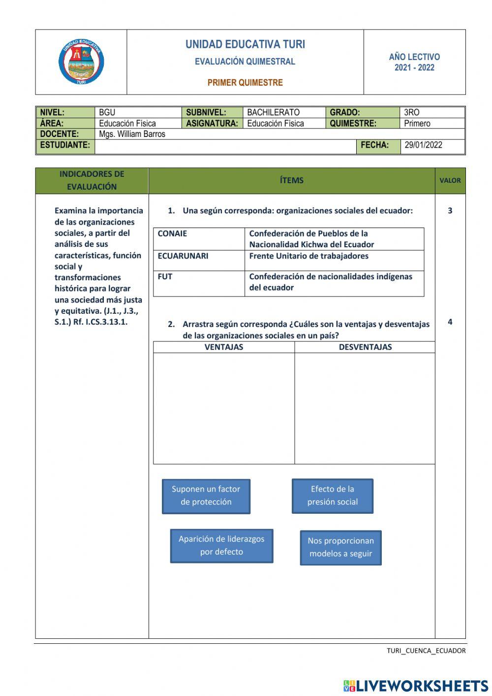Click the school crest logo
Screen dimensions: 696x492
(x=81, y=62)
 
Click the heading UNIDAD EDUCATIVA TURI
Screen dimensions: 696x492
(x=245, y=44)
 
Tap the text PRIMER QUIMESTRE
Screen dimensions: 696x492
(x=245, y=83)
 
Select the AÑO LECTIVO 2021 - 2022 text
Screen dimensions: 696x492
(x=414, y=63)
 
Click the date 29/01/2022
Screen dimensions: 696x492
(x=423, y=145)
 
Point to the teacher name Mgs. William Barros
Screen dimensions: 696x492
(x=132, y=134)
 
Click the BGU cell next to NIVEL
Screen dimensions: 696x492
(x=107, y=112)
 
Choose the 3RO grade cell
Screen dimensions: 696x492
(x=412, y=112)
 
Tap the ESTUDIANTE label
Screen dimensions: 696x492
(x=65, y=145)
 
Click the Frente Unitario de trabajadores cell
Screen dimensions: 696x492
(x=309, y=256)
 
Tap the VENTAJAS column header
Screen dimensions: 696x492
(x=224, y=347)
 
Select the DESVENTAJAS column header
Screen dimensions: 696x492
(x=365, y=347)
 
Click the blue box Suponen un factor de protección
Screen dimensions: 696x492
(x=206, y=496)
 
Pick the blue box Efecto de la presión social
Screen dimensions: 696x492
(x=333, y=496)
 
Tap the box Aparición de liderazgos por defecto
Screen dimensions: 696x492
(x=221, y=546)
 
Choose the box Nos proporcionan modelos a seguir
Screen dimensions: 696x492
(x=341, y=547)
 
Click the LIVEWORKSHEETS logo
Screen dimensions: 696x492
(x=416, y=686)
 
